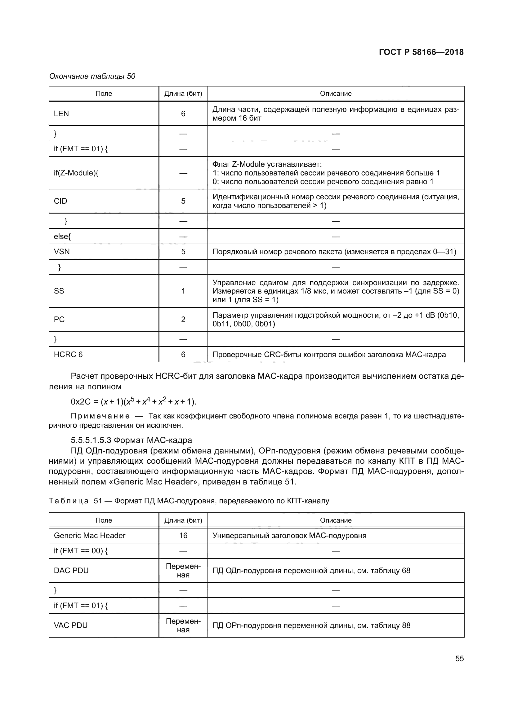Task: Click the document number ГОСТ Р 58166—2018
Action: pos(421,52)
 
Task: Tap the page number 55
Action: pos(459,658)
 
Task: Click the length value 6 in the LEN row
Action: pos(183,114)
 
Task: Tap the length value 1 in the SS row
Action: pos(183,291)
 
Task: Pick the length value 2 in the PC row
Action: pos(183,320)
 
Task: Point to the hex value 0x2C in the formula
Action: pos(81,402)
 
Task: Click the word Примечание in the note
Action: pos(100,416)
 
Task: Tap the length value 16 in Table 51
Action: pos(183,536)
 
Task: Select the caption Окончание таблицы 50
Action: pos(92,76)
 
